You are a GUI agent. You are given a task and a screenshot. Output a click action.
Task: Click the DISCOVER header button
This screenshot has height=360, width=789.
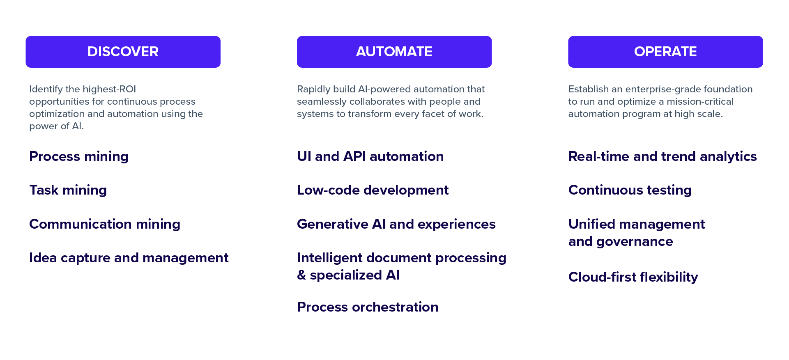tap(123, 52)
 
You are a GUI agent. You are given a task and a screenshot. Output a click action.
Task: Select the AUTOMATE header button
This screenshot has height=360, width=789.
tap(394, 52)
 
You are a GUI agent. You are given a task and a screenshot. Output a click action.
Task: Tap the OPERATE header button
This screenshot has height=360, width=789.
tap(665, 52)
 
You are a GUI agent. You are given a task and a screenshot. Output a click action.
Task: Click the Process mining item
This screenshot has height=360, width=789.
tap(79, 157)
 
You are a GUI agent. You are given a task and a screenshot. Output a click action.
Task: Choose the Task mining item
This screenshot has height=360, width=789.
tap(68, 190)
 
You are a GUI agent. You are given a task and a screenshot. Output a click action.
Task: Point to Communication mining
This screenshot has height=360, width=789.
tap(105, 225)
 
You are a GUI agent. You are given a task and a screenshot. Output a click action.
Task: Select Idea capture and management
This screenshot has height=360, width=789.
tap(129, 258)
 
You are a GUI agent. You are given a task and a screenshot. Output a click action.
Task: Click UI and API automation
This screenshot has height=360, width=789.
tap(370, 156)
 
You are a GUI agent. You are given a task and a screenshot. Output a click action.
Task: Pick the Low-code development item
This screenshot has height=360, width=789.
tap(373, 190)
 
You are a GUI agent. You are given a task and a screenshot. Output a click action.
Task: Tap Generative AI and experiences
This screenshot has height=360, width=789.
tap(396, 225)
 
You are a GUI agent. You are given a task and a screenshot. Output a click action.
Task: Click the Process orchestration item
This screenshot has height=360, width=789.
tap(368, 307)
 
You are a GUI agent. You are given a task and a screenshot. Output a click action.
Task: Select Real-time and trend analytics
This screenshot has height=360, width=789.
tap(662, 157)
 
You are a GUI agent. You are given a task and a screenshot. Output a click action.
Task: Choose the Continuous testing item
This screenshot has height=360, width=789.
tap(630, 190)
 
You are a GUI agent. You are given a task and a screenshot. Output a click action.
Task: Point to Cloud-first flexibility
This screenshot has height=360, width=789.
tap(633, 277)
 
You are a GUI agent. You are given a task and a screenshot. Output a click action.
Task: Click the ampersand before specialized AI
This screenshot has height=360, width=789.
tap(301, 275)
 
